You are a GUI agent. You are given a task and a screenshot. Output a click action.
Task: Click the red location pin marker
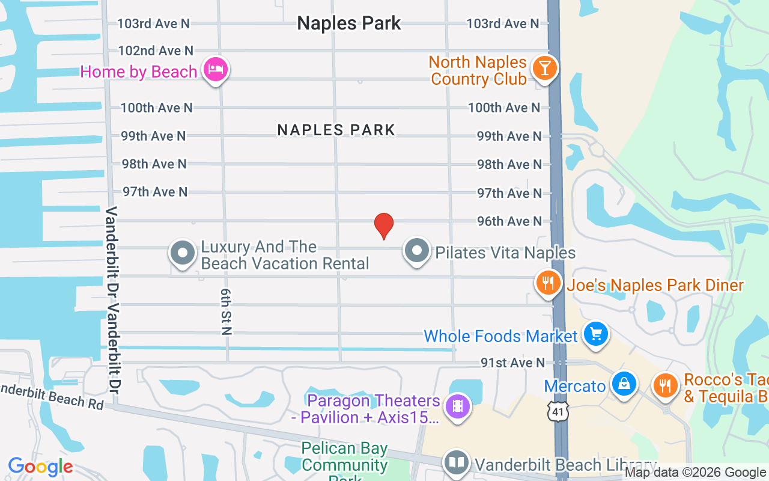coord(384,225)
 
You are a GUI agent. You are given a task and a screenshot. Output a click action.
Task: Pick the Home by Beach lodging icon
coord(214,70)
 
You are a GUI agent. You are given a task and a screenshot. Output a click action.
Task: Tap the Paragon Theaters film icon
coord(458,406)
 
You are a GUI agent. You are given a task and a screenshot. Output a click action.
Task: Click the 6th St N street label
coord(226,311)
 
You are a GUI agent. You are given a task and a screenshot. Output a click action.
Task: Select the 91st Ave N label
coord(512,363)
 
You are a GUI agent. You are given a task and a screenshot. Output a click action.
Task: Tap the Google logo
coord(40,467)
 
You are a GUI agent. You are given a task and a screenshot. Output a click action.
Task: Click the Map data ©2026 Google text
coord(695,473)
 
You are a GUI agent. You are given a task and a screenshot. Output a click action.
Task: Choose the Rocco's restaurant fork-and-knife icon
coord(664,385)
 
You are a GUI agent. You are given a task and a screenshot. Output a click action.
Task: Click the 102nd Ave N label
coord(156,51)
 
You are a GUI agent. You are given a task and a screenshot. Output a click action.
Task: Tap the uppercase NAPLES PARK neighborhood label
coord(336,130)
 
